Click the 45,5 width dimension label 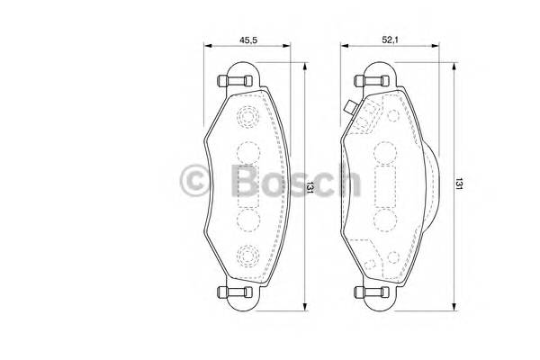(x=250, y=40)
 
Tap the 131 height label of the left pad (x=309, y=187)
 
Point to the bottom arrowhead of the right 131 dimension (x=453, y=304)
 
